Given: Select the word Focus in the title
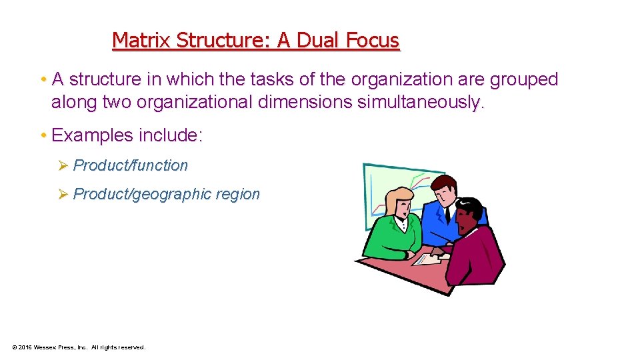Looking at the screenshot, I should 373,41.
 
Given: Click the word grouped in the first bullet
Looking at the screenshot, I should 524,79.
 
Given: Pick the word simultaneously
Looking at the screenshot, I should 419,103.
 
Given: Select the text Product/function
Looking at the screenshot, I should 131,165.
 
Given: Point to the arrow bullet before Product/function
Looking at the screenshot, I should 63,165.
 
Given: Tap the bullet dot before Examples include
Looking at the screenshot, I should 43,135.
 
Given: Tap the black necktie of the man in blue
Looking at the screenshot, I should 447,213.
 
